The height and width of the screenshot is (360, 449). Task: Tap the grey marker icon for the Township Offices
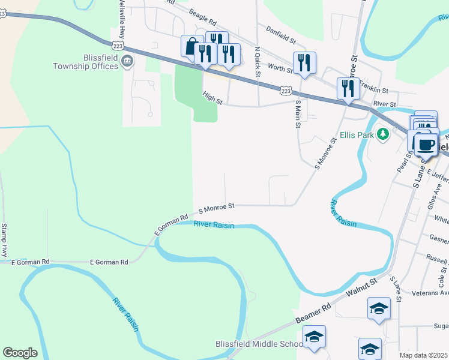(127, 61)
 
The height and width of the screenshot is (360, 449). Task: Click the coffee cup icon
(426, 145)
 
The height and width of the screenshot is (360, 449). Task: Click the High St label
(212, 100)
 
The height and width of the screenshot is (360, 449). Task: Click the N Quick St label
(257, 62)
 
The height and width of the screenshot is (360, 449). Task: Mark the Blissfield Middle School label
(259, 344)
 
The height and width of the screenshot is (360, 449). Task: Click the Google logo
(20, 353)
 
